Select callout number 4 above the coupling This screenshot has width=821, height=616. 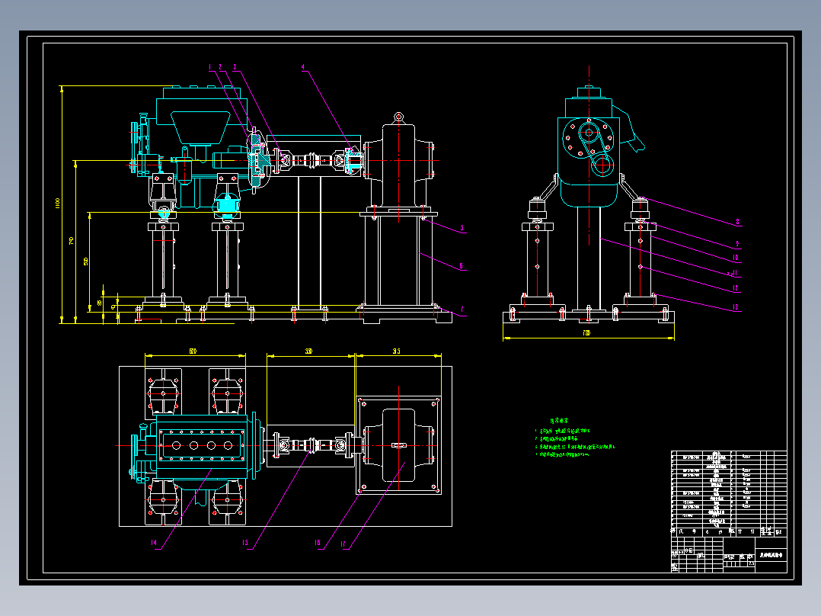pos(303,67)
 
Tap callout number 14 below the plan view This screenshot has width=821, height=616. pos(154,544)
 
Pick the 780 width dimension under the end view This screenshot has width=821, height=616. pos(586,334)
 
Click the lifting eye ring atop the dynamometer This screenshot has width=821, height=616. pos(398,117)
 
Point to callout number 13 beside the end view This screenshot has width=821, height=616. pos(736,287)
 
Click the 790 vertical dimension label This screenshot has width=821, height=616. pos(72,241)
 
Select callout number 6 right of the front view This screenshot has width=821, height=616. pos(462,266)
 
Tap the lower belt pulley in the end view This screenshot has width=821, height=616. pos(603,163)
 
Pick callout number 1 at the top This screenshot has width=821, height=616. pos(209,67)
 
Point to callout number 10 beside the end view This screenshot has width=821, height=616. pos(736,258)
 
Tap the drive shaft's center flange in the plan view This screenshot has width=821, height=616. pos(310,444)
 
